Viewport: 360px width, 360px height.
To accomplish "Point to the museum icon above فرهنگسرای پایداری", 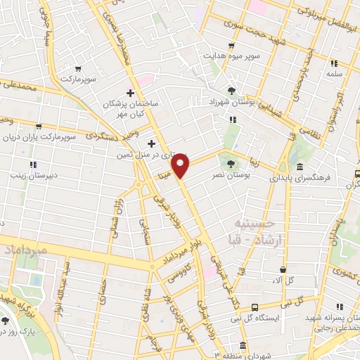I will (x=300, y=167).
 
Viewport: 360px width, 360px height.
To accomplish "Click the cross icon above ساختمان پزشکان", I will (x=130, y=93).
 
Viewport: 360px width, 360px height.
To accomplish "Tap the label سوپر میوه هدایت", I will (x=234, y=55).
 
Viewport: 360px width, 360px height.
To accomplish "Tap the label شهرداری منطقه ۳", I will (x=230, y=355).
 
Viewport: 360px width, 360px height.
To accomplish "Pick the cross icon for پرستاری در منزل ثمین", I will (x=150, y=143).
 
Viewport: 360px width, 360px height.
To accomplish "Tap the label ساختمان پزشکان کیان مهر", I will (x=134, y=108).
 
